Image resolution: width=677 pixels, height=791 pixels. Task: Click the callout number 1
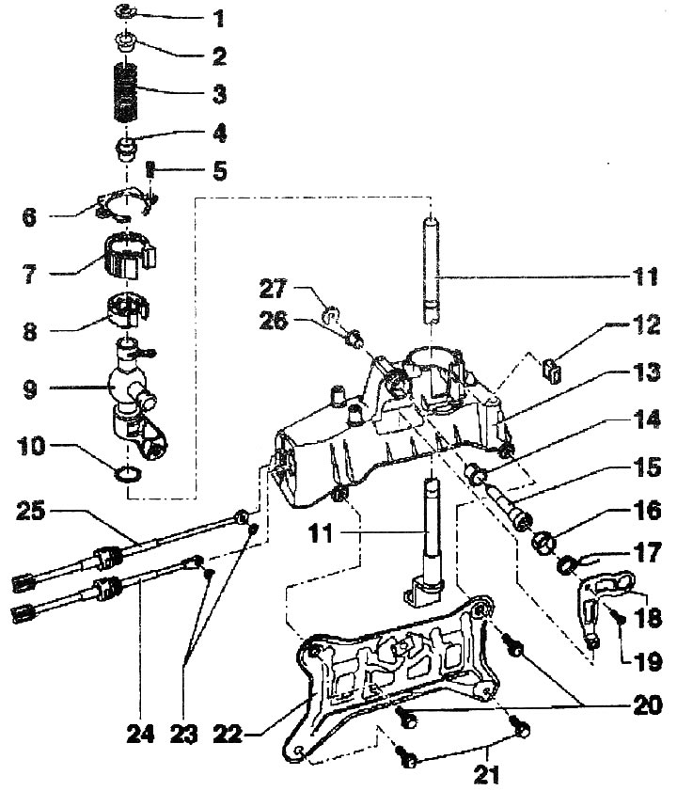[218, 19]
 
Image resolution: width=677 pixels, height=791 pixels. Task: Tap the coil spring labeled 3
[125, 92]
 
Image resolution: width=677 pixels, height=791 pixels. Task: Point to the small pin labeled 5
[150, 168]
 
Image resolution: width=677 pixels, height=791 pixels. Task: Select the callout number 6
[30, 217]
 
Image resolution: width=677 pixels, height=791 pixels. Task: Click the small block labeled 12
[552, 370]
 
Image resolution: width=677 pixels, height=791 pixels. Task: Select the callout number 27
[273, 289]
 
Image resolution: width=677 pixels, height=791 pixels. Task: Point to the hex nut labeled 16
[543, 544]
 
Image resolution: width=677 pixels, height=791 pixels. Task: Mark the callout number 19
[647, 662]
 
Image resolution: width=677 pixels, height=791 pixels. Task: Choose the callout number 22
[228, 734]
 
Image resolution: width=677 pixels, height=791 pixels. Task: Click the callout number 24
[140, 734]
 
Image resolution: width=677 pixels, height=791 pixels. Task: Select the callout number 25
[31, 511]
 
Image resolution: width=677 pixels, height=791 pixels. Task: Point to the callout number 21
[486, 775]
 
